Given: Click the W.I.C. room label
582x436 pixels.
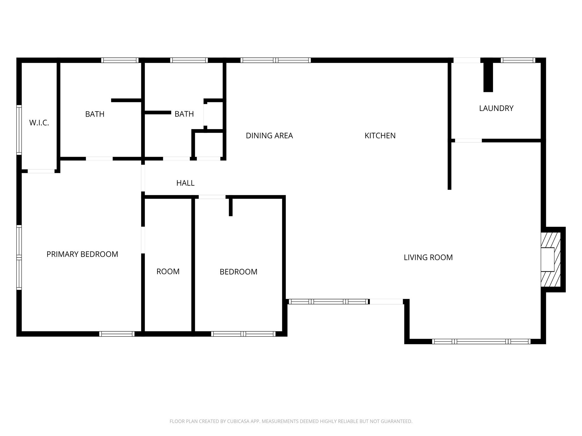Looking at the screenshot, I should pos(39,123).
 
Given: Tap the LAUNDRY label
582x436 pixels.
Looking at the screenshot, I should pos(496,108).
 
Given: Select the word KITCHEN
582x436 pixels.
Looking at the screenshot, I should pos(380,136).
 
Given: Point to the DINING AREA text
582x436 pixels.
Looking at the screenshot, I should pos(269,136).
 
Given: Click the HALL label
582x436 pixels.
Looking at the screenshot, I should pos(185,183).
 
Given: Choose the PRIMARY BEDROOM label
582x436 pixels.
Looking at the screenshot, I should pos(82,254).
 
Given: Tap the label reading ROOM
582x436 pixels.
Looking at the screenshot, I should pos(168,272).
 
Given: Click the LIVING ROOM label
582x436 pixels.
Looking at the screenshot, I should pos(428,257).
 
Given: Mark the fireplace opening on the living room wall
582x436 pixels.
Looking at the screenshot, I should pos(547,259).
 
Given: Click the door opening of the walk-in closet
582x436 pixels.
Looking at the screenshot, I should pos(41,171).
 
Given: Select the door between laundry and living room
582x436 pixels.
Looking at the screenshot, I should pos(468,141).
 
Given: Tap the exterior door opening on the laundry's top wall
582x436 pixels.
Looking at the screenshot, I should pos(467,60).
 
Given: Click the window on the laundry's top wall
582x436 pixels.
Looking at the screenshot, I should pos(518,60).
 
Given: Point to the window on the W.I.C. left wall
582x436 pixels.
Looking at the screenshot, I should pos(19,130).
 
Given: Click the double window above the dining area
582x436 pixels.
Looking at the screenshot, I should pos(275,60).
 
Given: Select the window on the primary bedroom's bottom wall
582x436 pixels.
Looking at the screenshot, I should pos(117,334).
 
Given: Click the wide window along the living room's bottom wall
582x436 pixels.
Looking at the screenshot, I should pos(481,341).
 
